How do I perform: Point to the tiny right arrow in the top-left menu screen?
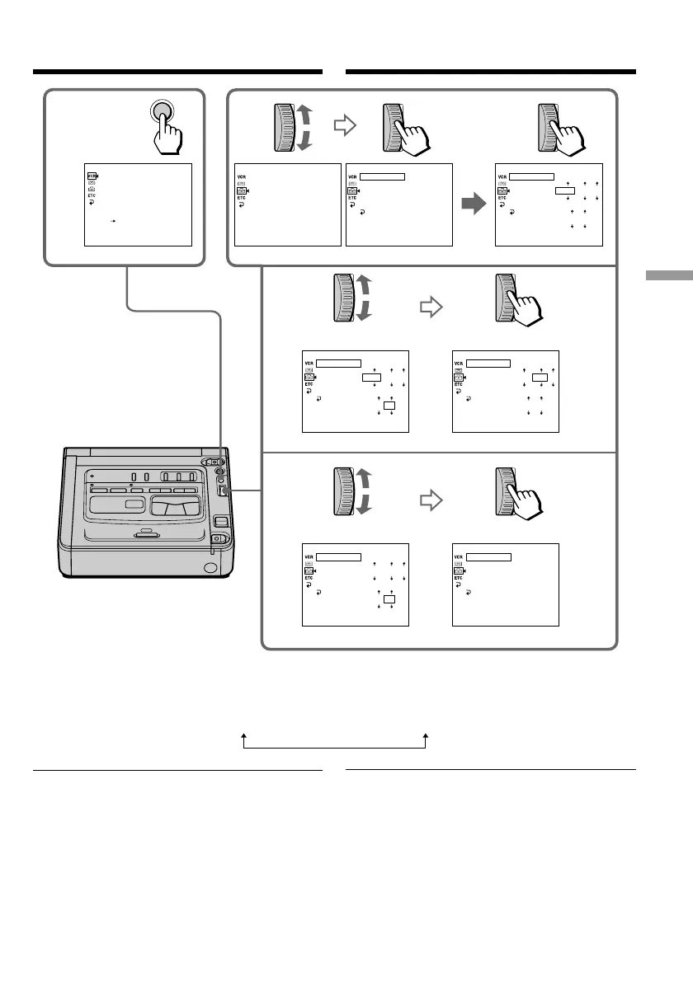115,222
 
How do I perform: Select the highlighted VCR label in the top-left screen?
92,176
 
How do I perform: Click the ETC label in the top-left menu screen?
92,195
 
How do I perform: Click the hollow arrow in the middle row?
431,307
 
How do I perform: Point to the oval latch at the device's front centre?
145,532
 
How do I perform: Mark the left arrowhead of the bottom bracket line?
244,738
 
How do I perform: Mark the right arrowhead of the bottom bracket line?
426,738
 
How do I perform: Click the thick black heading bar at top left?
177,72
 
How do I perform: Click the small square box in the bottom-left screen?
389,598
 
